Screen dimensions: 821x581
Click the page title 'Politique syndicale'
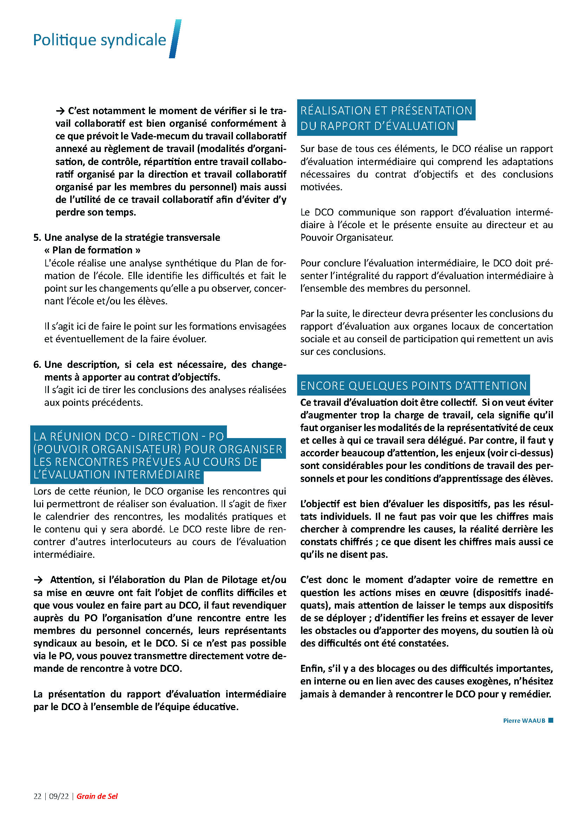tap(99, 40)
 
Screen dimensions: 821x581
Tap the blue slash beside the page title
tap(175, 39)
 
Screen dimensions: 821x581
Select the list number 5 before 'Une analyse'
tap(37, 237)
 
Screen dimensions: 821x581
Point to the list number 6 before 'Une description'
tap(37, 364)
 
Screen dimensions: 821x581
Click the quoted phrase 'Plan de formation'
tap(92, 250)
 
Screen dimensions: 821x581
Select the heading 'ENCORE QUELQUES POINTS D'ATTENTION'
tap(413, 385)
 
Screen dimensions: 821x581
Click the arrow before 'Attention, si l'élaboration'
tap(38, 580)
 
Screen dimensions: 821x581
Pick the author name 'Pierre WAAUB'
tap(524, 721)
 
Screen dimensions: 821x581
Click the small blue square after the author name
tap(550, 720)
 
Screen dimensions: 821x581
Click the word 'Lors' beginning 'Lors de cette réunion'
tap(42, 491)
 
